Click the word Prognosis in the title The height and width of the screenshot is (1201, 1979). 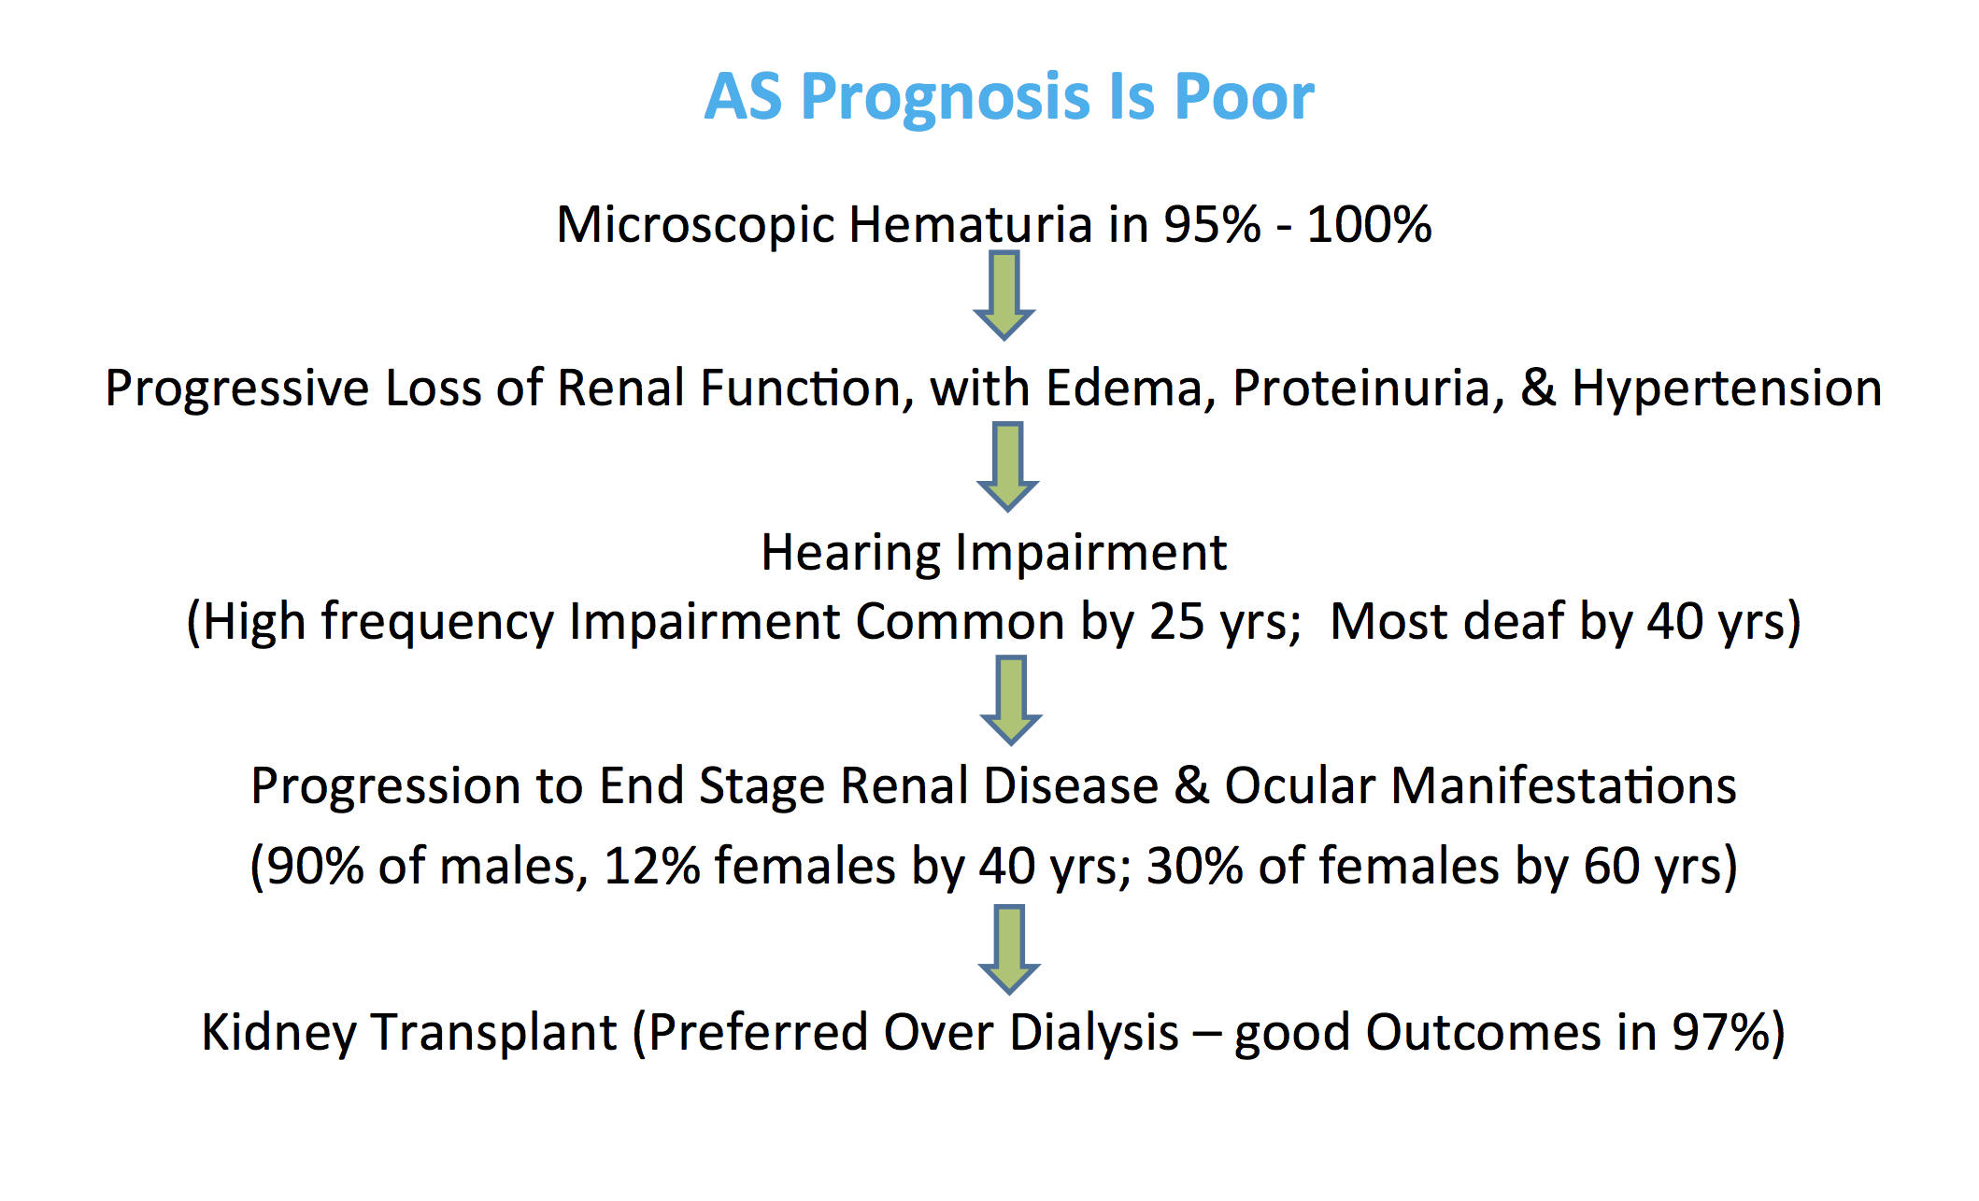pyautogui.click(x=946, y=98)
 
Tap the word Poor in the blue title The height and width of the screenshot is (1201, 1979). pyautogui.click(x=1245, y=96)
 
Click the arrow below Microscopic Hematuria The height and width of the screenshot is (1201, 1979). pyautogui.click(x=1004, y=295)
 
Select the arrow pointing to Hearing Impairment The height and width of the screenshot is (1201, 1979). pyautogui.click(x=1007, y=467)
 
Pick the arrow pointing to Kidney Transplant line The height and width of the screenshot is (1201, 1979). pyautogui.click(x=1009, y=950)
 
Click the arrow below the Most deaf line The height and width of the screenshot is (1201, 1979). pyautogui.click(x=1011, y=700)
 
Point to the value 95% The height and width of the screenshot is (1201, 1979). pyautogui.click(x=1213, y=225)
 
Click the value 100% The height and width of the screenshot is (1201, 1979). pyautogui.click(x=1370, y=225)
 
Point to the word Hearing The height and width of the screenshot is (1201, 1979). pyautogui.click(x=850, y=554)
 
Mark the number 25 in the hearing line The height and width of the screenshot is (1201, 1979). pyautogui.click(x=1177, y=622)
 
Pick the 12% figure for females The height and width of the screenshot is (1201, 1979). pyautogui.click(x=652, y=866)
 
